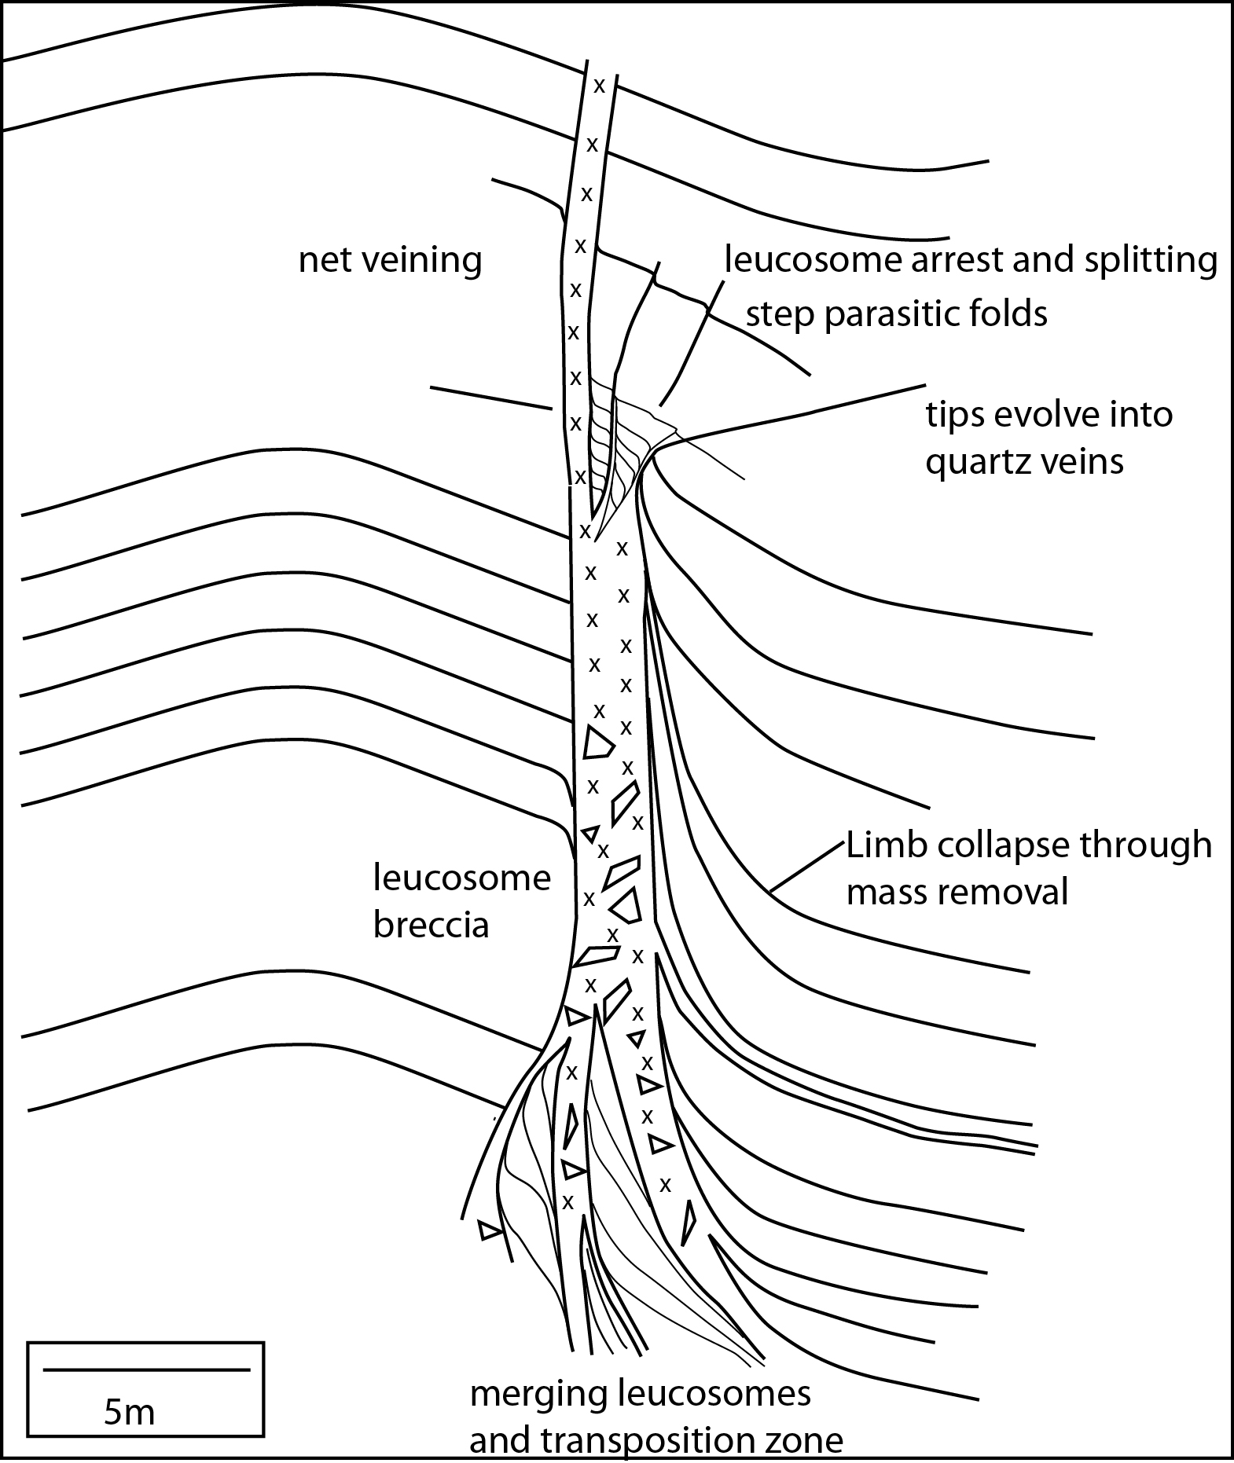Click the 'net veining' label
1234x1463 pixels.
click(x=390, y=260)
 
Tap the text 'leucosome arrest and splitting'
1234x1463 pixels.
click(x=971, y=259)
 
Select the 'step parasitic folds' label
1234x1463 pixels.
click(x=896, y=314)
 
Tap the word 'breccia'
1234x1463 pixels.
click(x=431, y=925)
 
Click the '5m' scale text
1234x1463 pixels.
click(x=130, y=1413)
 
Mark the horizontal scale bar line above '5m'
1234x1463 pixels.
click(x=146, y=1370)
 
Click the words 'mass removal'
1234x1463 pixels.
click(x=957, y=893)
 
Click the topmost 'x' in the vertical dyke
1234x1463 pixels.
click(x=599, y=86)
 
